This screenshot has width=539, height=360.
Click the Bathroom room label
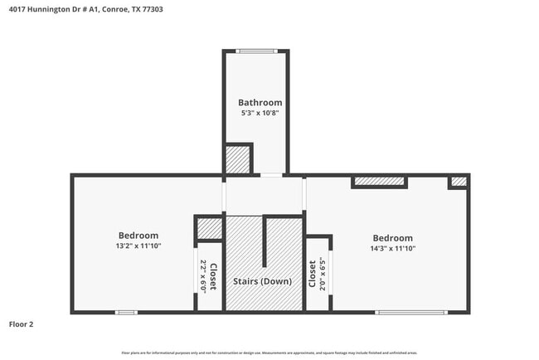(255, 103)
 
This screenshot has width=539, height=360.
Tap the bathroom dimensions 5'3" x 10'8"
(255, 114)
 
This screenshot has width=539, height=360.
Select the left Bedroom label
(138, 236)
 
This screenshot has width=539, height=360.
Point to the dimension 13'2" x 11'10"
(138, 246)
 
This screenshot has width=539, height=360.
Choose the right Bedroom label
(392, 237)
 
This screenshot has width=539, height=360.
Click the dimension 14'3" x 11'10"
(392, 248)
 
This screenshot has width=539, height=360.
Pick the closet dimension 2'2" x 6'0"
(203, 277)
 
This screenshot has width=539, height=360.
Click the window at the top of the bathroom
(256, 51)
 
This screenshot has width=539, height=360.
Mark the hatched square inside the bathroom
(239, 159)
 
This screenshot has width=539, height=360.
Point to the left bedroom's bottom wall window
(126, 312)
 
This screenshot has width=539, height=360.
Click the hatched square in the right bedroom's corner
(458, 182)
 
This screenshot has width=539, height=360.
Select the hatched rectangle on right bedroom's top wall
(379, 181)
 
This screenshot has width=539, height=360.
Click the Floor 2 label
(21, 324)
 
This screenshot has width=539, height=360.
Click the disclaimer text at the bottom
(269, 353)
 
